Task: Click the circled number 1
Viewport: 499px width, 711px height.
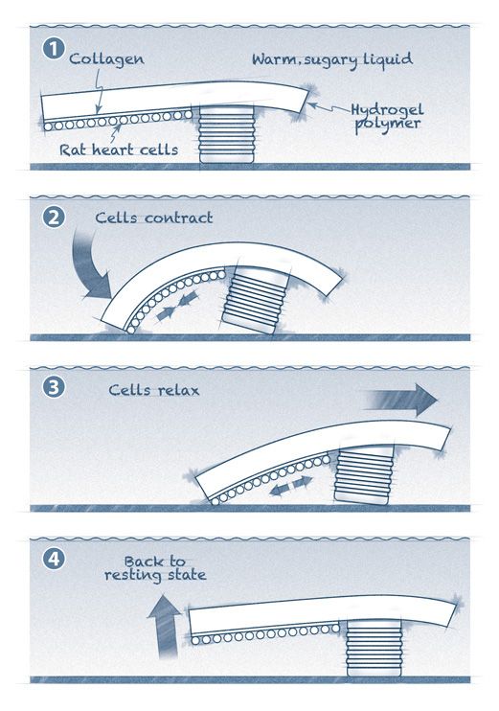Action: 54,49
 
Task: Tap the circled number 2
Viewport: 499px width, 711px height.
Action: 54,218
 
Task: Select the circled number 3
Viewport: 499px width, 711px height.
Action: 54,388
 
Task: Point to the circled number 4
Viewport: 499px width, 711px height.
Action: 54,559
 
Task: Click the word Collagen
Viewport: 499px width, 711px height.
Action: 106,59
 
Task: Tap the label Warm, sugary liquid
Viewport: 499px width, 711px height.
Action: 332,59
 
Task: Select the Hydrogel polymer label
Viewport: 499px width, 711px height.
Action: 388,117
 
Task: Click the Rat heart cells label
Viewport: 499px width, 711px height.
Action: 119,150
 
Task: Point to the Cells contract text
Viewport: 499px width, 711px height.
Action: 153,218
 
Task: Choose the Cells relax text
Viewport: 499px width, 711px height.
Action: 153,390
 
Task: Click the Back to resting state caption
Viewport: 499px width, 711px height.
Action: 155,568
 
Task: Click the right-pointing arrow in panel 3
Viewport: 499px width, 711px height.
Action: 401,400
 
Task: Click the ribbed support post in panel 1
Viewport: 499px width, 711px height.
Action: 227,134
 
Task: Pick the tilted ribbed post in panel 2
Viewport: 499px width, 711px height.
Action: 255,300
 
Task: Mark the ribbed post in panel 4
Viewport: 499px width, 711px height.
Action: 374,649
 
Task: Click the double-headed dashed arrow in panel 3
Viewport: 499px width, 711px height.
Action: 291,486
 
